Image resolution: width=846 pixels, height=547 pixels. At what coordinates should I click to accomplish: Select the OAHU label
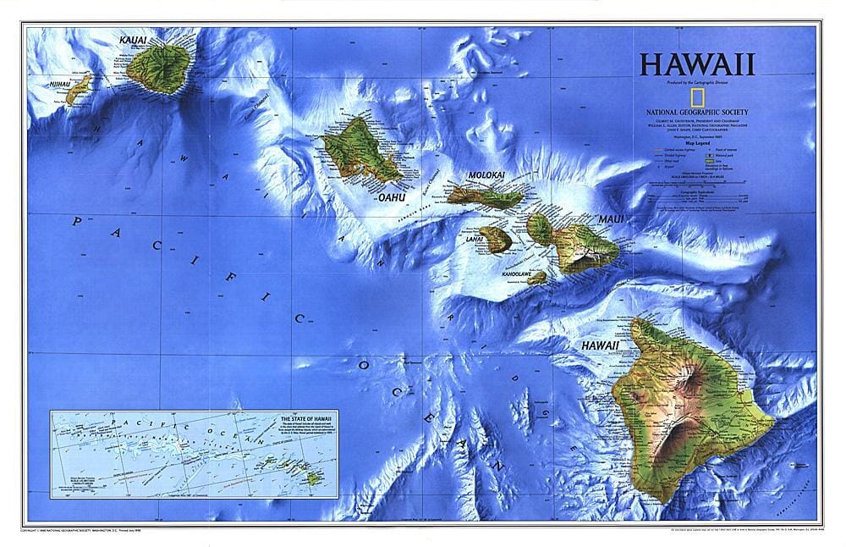pos(393,197)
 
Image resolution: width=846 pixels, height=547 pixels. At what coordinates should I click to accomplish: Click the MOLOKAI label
pos(486,175)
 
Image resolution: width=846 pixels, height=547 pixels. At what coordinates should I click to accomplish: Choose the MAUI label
pos(611,219)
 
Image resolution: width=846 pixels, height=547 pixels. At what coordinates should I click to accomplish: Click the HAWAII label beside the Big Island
pos(599,346)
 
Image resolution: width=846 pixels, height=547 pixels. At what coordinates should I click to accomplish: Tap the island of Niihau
pos(78,88)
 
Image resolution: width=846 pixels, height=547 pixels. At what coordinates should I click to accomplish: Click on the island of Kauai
pos(161,65)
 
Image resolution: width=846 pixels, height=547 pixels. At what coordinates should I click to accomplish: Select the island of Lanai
pos(496,239)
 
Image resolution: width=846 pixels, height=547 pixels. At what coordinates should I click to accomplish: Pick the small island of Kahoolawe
pos(538,277)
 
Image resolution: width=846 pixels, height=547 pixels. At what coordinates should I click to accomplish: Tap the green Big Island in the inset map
pos(314,478)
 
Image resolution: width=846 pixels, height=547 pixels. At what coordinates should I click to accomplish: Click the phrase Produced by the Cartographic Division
pos(697,82)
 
